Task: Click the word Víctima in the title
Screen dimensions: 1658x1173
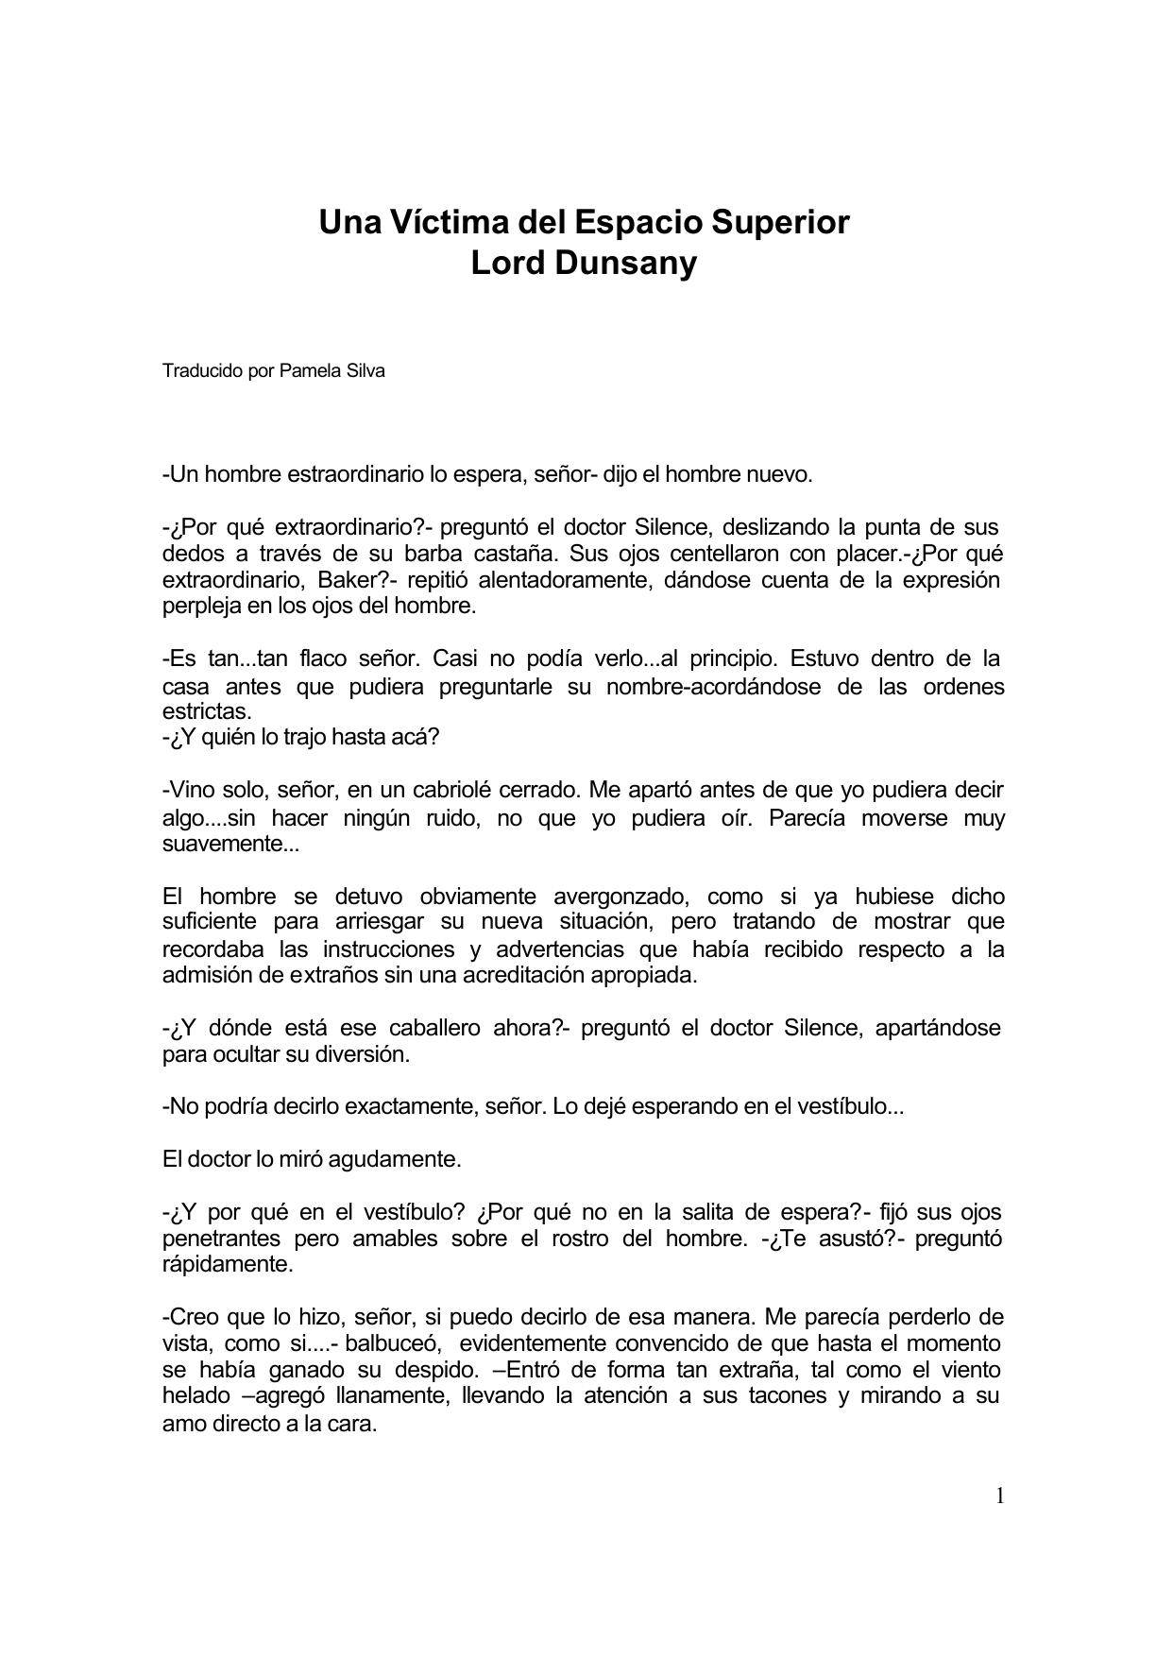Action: pos(443,223)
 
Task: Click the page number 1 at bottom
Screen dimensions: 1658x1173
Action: pos(999,1496)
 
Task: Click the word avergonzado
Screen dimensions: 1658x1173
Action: pos(622,896)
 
